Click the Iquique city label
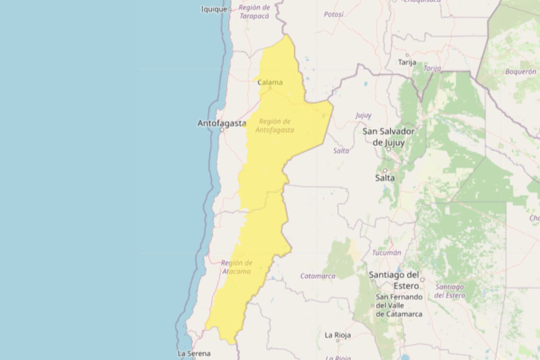tap(214, 9)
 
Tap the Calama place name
tap(270, 82)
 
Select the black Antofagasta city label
tap(222, 123)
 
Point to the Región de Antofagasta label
tap(275, 126)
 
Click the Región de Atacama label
tap(236, 267)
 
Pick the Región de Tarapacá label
tap(254, 12)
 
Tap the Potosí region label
tap(333, 14)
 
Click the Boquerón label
tap(521, 72)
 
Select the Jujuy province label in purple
tap(364, 115)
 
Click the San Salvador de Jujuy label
tap(388, 137)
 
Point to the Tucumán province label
tap(387, 253)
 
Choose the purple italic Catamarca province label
tap(318, 276)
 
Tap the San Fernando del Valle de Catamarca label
tap(399, 306)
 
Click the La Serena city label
tap(193, 353)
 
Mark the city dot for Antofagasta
tap(222, 130)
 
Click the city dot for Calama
tap(270, 88)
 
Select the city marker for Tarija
tap(407, 55)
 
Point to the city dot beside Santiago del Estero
tap(422, 279)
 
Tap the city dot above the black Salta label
tap(385, 171)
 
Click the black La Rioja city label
tap(337, 335)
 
